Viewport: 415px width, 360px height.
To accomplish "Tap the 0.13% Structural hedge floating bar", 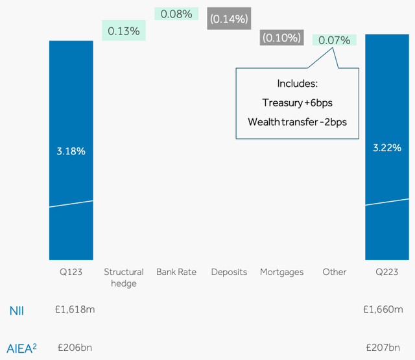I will pos(123,30).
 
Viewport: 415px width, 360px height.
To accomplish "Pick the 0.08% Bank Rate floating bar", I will pos(176,13).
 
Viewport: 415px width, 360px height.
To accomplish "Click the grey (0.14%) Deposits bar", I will pos(229,19).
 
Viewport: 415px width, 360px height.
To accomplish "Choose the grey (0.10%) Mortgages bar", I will pos(281,38).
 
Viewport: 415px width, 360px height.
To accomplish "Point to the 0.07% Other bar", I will pos(334,40).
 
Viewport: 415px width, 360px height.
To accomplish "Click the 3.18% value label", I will pos(71,151).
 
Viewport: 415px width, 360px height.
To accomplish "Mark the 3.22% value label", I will pos(387,148).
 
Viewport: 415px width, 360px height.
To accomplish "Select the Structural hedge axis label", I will pos(123,278).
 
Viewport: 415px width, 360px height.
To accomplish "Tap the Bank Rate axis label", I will pos(176,272).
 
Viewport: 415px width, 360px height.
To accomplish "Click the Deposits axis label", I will pos(229,272).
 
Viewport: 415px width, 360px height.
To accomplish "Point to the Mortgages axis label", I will pos(281,272).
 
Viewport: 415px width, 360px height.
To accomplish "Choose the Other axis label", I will pos(335,272).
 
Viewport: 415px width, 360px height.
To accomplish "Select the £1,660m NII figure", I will pos(387,309).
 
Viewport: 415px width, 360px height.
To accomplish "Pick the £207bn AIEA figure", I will pos(387,347).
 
